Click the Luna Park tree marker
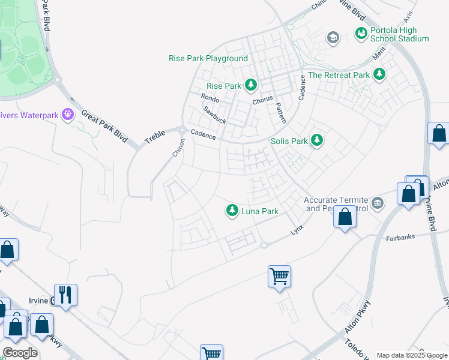click(x=232, y=211)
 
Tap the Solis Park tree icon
click(x=317, y=141)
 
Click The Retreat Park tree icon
click(x=379, y=75)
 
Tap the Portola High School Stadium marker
click(x=361, y=34)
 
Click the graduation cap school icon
click(x=332, y=38)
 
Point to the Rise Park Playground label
click(x=208, y=58)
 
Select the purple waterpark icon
click(x=67, y=113)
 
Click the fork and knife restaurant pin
click(x=66, y=295)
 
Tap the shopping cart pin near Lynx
click(x=280, y=277)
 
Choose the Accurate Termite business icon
click(x=377, y=201)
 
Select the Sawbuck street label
click(x=214, y=115)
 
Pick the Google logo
click(x=20, y=353)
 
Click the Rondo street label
click(x=210, y=98)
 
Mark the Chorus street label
click(x=262, y=98)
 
